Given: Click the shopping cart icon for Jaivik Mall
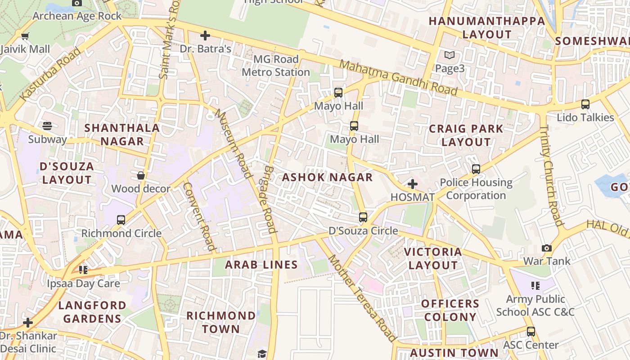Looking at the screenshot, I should [25, 36].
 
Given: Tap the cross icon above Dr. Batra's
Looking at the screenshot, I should [205, 35].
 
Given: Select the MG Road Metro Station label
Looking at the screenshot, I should [276, 66].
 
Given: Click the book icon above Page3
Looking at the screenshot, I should [449, 55].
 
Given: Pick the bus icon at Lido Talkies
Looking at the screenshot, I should [585, 104].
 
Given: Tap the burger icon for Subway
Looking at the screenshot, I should [47, 126].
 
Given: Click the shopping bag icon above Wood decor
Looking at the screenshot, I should [141, 175].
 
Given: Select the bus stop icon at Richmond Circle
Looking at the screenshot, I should [121, 220].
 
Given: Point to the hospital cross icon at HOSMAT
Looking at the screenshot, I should [412, 184].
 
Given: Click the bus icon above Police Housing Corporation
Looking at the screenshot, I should [476, 169].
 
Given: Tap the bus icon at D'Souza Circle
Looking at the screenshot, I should [363, 217].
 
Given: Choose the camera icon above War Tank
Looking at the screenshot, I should [547, 248].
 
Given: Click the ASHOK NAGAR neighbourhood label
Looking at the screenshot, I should [327, 177].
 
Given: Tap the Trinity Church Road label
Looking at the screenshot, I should [551, 175].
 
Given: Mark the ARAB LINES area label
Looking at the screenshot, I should [261, 265].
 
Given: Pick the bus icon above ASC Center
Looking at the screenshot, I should [531, 332].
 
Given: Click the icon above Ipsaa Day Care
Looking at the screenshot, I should [83, 270].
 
